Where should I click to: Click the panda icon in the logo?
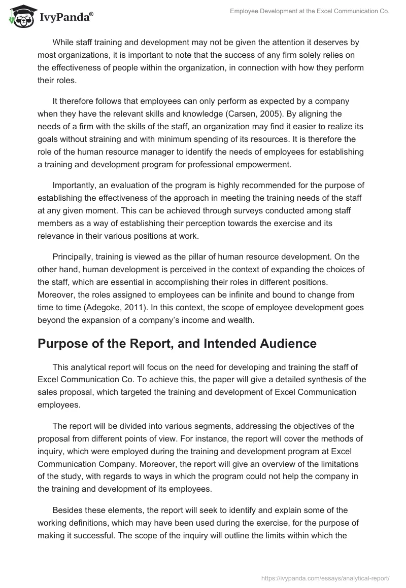19,16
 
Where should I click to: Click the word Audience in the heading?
277,343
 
